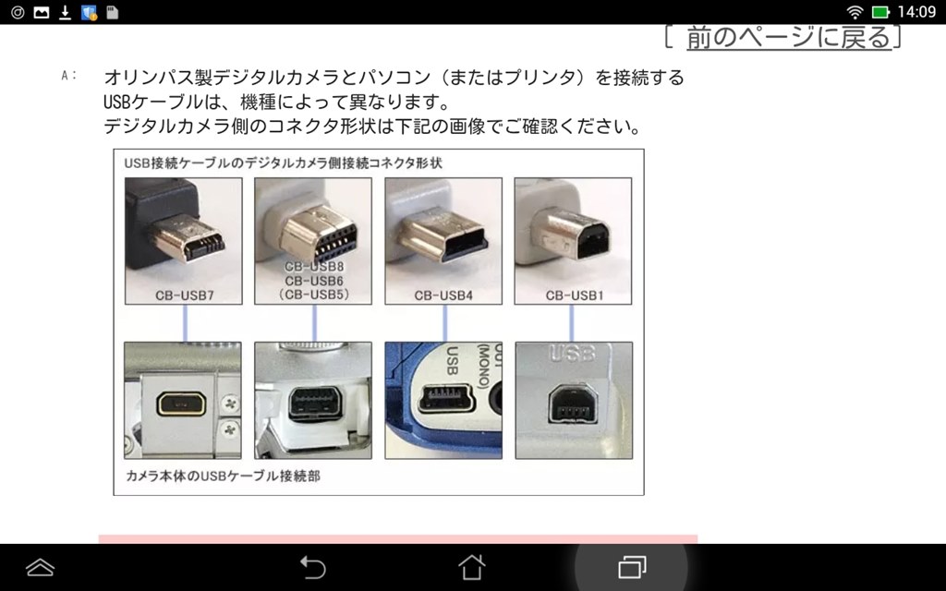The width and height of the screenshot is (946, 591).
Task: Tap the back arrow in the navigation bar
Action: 313,568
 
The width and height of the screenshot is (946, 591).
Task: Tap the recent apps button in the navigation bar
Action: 632,567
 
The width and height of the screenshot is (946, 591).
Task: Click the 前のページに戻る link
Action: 789,37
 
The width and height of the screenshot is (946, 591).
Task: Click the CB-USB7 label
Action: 185,295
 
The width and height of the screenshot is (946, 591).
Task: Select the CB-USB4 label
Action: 443,295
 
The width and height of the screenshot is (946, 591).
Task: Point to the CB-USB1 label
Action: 575,295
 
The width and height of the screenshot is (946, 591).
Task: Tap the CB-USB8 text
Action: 314,267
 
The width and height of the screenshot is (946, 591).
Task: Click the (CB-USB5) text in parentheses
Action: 314,295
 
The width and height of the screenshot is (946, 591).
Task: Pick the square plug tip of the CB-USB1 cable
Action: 571,233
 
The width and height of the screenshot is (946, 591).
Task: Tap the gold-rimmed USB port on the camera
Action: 181,404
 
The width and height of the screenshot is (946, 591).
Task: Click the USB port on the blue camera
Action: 447,399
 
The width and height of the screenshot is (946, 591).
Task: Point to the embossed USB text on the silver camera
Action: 572,354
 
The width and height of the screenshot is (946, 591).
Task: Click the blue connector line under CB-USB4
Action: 444,322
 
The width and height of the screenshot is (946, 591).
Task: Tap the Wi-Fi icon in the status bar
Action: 855,12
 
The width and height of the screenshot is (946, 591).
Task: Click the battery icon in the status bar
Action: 880,12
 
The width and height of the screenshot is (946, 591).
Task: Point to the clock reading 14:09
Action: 916,12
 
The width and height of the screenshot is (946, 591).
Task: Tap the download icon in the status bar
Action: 66,12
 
